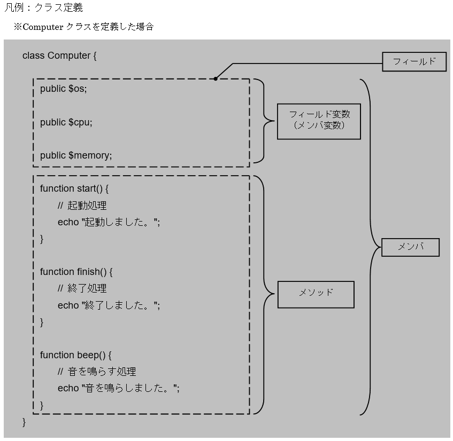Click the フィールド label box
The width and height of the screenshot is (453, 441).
point(414,61)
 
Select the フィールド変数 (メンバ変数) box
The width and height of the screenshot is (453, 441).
point(318,121)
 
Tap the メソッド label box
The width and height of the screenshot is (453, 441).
point(316,294)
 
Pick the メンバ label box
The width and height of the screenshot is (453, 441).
point(410,247)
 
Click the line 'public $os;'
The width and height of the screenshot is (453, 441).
point(63,89)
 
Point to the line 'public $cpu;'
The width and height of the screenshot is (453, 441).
point(66,122)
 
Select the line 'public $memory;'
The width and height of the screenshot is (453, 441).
point(76,155)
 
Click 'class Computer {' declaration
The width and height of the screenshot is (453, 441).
point(59,56)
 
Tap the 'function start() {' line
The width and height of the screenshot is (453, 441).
point(74,188)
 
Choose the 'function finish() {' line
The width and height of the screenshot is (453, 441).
point(76,272)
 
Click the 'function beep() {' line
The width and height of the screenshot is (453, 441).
point(75,355)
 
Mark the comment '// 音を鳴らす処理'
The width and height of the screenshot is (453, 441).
point(97,372)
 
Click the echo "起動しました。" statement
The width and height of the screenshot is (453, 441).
point(109,222)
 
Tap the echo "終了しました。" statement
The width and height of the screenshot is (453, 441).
point(109,305)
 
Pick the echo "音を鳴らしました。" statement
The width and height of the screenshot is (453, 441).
point(118,388)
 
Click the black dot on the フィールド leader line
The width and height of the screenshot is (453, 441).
point(216,78)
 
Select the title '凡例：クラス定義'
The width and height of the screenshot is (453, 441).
point(44,8)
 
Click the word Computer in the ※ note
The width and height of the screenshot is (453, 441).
point(43,27)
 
